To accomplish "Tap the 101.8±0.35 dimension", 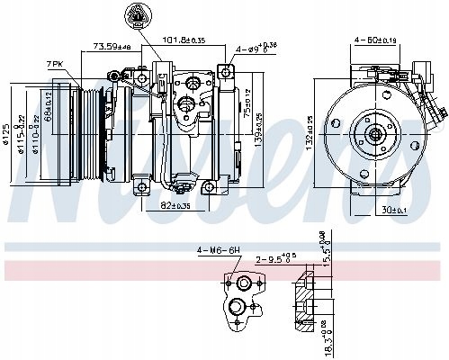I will point(182,40).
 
